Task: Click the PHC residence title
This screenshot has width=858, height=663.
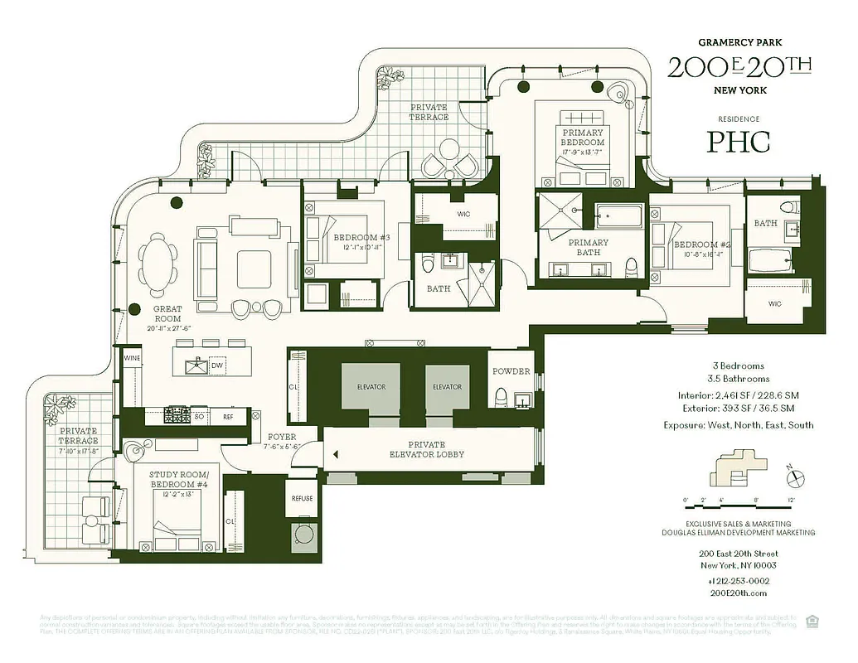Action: click(738, 141)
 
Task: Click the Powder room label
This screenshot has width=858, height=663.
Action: click(511, 371)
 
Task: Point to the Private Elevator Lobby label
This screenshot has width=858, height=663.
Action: click(427, 450)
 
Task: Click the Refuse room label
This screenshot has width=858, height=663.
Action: click(302, 499)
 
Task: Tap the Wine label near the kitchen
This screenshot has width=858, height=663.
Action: click(131, 357)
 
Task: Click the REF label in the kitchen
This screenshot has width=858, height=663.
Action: click(228, 417)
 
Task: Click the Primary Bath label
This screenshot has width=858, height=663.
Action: click(588, 248)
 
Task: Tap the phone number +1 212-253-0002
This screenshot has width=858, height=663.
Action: click(733, 581)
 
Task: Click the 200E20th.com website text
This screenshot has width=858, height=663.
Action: click(733, 593)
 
